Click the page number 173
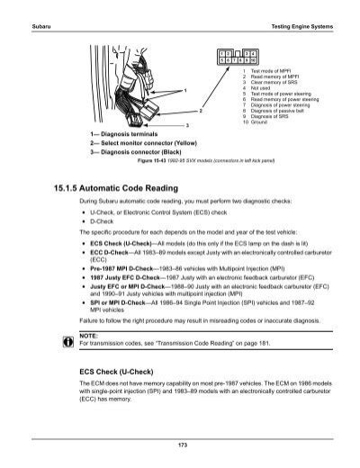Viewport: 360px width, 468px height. (180, 445)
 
